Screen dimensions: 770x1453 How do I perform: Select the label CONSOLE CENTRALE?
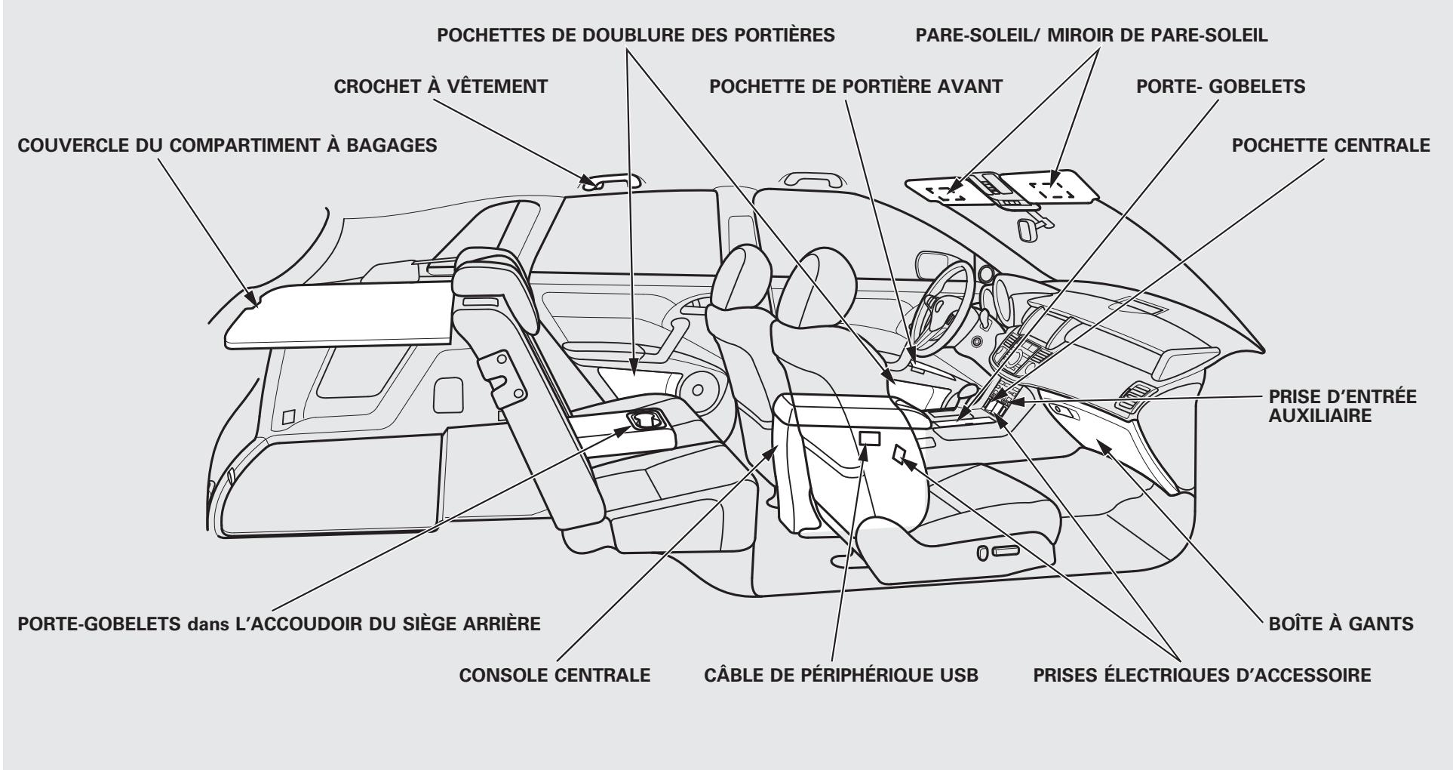pyautogui.click(x=554, y=675)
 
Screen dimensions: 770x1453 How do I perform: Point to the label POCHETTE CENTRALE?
pyautogui.click(x=1331, y=146)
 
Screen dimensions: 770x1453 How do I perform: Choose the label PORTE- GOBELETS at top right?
pyautogui.click(x=1221, y=87)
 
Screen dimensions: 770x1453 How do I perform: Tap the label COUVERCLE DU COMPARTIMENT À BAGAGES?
pyautogui.click(x=221, y=146)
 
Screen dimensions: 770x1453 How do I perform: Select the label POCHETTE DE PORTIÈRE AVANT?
pyautogui.click(x=856, y=87)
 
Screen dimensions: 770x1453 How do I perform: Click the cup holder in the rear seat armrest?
pyautogui.click(x=645, y=419)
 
